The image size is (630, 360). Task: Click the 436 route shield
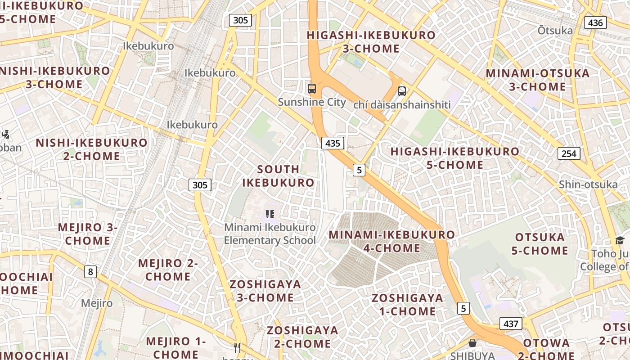coord(595,22)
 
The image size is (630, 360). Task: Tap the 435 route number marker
coord(333,143)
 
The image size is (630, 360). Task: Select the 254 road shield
coord(569,153)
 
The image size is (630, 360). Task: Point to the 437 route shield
coord(510,324)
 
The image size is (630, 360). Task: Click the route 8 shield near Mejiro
coord(90,271)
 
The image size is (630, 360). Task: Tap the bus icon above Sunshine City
coord(312,89)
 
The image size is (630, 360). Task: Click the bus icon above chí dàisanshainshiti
coord(402,91)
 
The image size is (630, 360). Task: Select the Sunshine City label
coord(312,102)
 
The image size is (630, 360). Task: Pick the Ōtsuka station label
coord(555,31)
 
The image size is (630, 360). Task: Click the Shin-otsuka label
coord(588,184)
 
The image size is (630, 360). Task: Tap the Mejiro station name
coord(97,303)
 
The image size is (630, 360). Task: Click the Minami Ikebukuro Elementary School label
coord(270,234)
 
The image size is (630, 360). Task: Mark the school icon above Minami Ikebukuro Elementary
coord(270,214)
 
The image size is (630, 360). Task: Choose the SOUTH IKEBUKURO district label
coord(278,176)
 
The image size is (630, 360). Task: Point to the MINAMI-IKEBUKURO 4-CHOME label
coord(391,241)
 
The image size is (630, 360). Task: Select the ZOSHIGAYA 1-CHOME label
coord(407,304)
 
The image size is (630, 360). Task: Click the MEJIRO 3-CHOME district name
coord(87,234)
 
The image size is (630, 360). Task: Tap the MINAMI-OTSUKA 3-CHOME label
coord(537,80)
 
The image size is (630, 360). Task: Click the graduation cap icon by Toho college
coord(620,240)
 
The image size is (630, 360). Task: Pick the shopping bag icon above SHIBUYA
coord(472,343)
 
